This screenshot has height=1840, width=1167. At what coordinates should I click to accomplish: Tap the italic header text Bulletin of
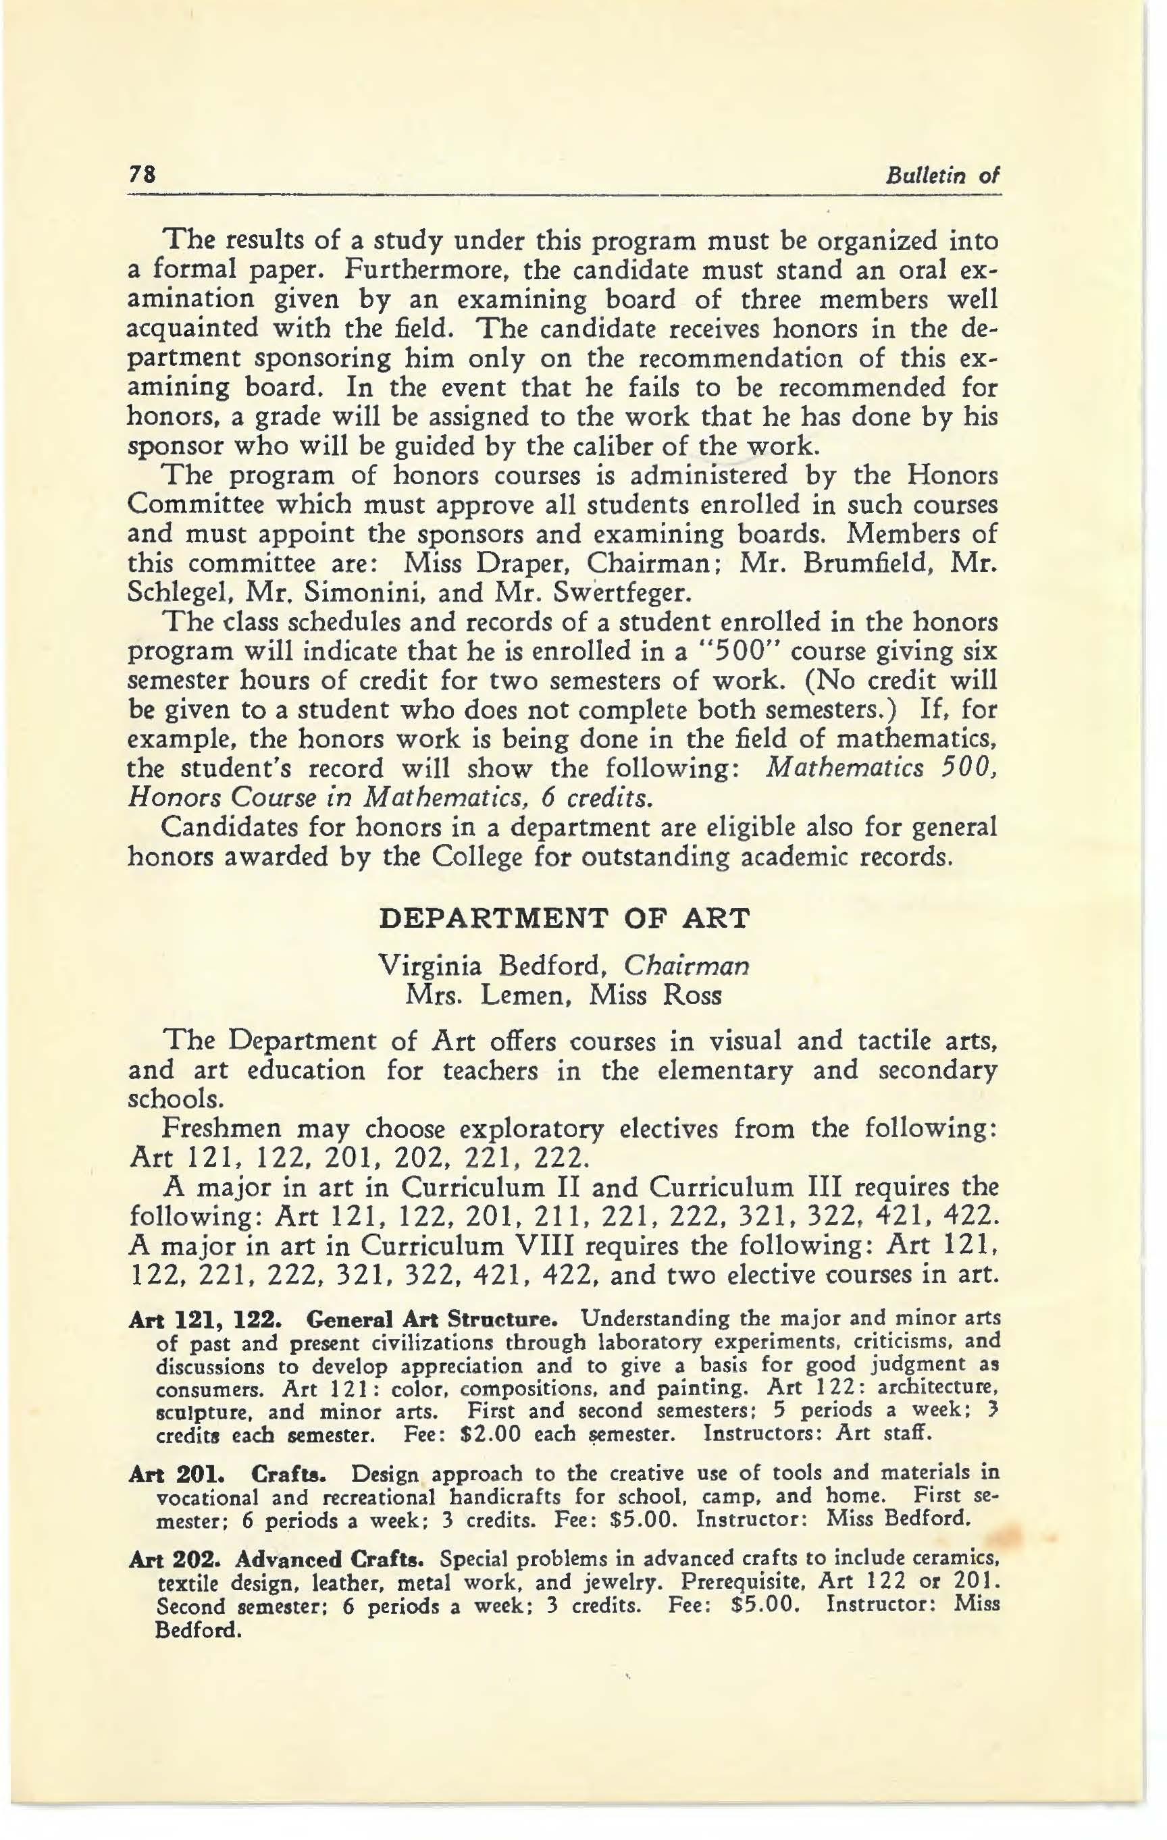(x=942, y=176)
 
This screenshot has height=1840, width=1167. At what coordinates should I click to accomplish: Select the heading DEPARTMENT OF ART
(x=565, y=918)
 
